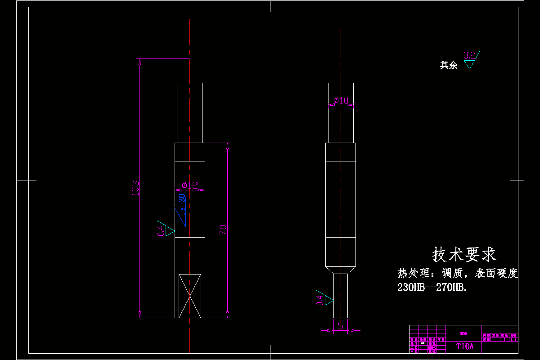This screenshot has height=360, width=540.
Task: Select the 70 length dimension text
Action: [223, 230]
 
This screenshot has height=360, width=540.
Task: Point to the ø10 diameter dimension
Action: [341, 100]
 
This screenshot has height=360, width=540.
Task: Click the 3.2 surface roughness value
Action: [469, 55]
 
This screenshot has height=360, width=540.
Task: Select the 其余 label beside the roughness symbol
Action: [448, 66]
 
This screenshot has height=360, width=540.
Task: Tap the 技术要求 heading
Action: [464, 255]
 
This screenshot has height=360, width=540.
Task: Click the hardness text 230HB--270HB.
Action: [432, 288]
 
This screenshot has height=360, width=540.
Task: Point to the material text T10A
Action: [465, 346]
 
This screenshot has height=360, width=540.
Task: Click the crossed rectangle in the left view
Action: [190, 296]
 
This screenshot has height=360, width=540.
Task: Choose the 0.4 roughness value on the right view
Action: [320, 300]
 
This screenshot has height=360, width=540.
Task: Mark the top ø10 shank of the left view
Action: [189, 112]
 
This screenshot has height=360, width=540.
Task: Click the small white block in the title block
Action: [423, 343]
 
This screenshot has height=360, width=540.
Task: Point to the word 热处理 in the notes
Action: [410, 273]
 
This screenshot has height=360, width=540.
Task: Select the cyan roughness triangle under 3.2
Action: [469, 64]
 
